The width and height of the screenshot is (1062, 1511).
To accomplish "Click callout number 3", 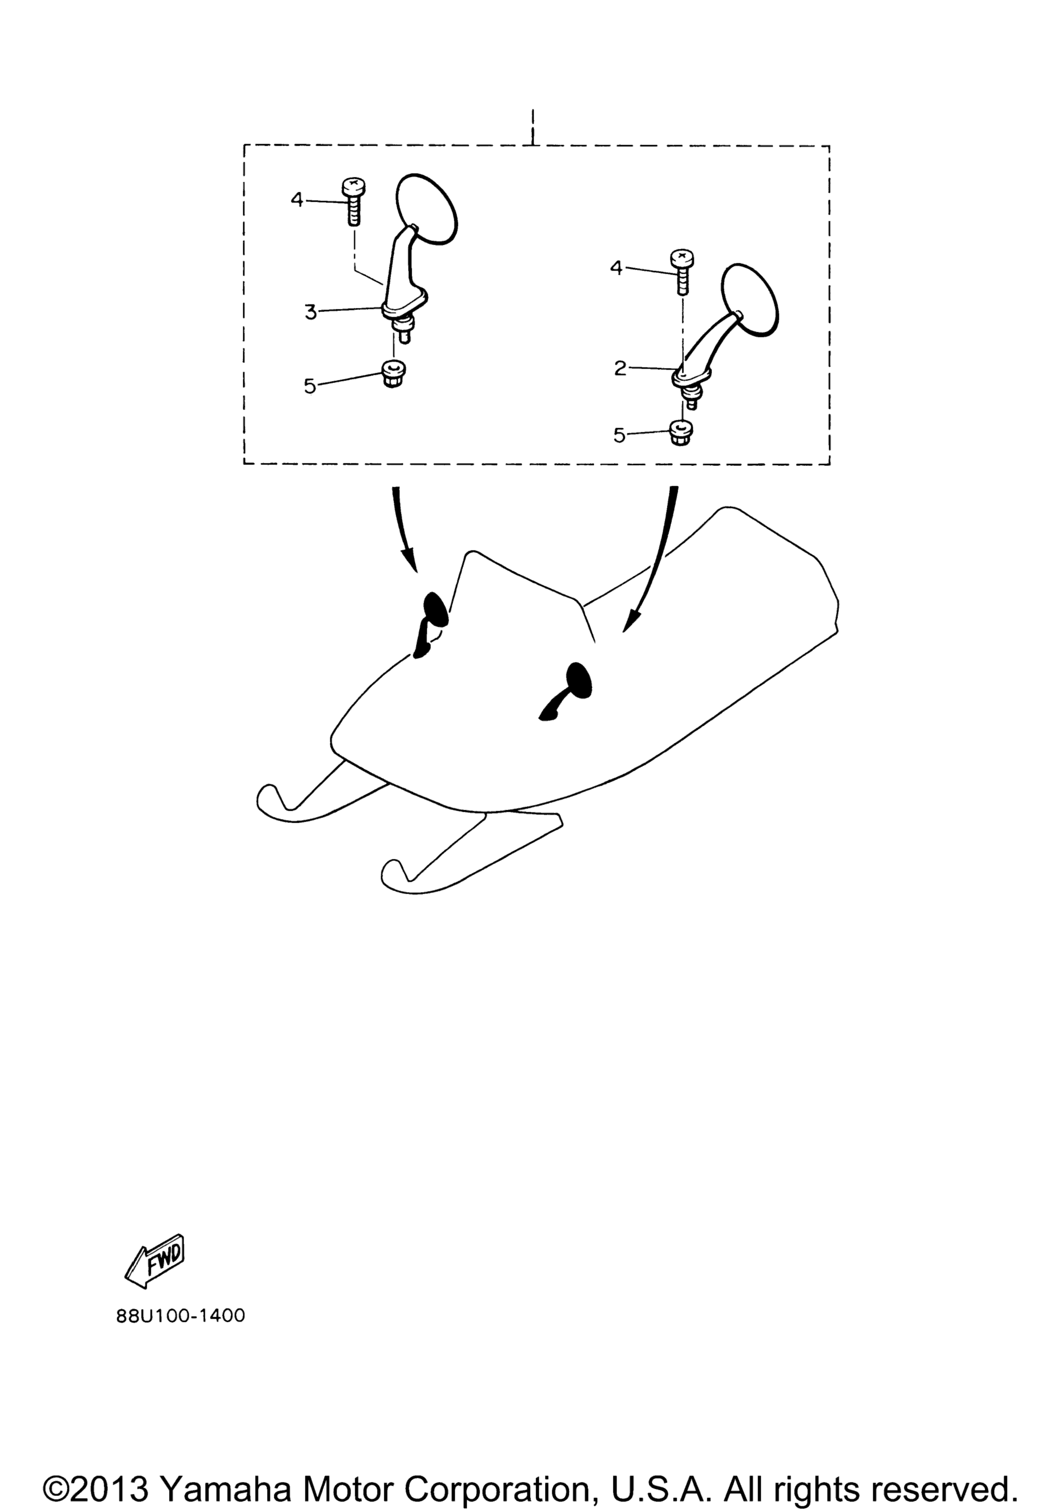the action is tap(311, 312).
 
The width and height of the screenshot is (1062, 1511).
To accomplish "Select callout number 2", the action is tap(620, 369).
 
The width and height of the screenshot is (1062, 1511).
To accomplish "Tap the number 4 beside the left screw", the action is tap(297, 199).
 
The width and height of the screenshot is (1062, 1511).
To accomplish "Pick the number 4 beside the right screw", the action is tap(616, 268).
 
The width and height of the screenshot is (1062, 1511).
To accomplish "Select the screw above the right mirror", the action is tap(681, 271).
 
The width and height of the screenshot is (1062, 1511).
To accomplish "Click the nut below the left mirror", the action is tap(393, 374).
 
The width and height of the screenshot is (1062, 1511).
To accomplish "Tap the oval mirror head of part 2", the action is tap(750, 300).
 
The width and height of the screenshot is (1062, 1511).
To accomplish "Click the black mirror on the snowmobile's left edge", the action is tap(430, 625).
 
